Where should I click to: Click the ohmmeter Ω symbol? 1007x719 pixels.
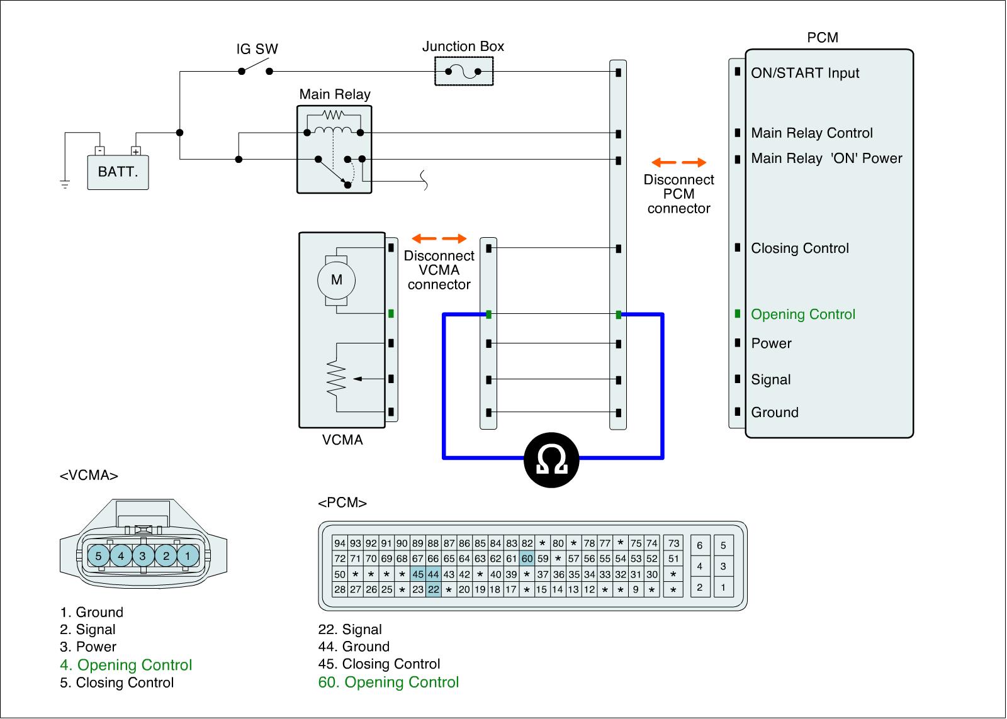click(551, 460)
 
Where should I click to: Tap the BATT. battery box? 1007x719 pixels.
click(118, 172)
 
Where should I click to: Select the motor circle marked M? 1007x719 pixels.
click(336, 280)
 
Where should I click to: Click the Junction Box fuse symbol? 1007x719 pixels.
click(463, 71)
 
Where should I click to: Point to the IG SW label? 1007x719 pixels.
click(257, 48)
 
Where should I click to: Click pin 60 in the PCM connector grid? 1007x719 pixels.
click(527, 559)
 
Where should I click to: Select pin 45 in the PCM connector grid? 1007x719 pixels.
click(418, 574)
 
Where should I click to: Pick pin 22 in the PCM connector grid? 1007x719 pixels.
click(434, 589)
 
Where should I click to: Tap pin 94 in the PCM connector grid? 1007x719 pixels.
click(340, 543)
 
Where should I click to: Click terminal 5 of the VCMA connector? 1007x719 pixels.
click(98, 556)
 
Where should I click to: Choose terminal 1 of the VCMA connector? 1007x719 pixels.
click(188, 556)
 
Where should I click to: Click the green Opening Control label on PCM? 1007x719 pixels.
click(803, 314)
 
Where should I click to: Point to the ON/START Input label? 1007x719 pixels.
click(805, 73)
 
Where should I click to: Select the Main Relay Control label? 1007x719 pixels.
click(812, 133)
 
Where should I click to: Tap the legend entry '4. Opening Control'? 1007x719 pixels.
click(126, 665)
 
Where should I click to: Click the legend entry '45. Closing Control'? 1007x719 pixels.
click(379, 664)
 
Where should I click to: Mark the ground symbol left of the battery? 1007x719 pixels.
click(65, 184)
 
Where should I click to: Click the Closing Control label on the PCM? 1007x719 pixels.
click(800, 248)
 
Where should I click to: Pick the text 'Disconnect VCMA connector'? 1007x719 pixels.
click(439, 270)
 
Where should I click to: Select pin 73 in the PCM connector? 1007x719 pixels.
click(673, 543)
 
